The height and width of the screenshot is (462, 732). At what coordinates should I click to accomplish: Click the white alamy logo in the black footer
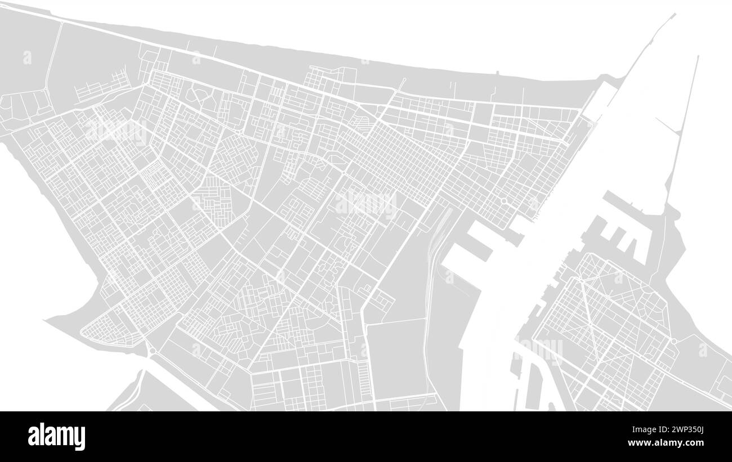pyautogui.click(x=56, y=437)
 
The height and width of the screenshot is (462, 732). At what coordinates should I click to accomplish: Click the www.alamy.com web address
pyautogui.click(x=670, y=443)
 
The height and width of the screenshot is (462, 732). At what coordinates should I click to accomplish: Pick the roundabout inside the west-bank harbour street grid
pyautogui.click(x=503, y=200)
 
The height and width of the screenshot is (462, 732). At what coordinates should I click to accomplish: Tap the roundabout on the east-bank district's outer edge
pyautogui.click(x=673, y=341)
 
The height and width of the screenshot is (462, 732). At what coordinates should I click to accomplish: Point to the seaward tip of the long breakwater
pyautogui.click(x=673, y=15)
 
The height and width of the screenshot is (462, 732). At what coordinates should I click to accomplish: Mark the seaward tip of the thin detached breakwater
pyautogui.click(x=698, y=56)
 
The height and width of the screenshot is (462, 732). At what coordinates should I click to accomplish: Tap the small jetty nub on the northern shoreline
pyautogui.click(x=498, y=73)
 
